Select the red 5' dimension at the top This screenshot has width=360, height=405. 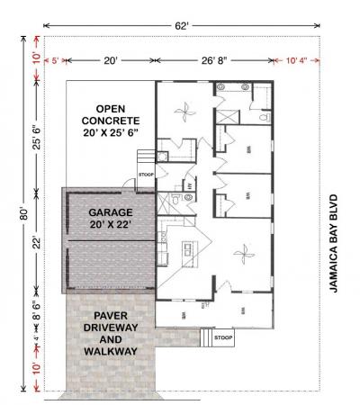(55, 60)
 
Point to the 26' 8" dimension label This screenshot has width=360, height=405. (219, 60)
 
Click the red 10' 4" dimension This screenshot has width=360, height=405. (298, 60)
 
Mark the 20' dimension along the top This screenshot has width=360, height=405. (110, 60)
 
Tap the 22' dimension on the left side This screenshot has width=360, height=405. (36, 242)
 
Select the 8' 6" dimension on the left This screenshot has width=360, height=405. (36, 316)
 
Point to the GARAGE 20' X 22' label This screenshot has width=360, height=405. (110, 219)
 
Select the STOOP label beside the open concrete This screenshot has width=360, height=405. (145, 175)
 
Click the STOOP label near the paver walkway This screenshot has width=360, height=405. (223, 338)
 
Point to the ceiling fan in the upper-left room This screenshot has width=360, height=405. (184, 113)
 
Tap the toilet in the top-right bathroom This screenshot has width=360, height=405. (264, 117)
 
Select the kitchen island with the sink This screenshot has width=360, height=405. (191, 248)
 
